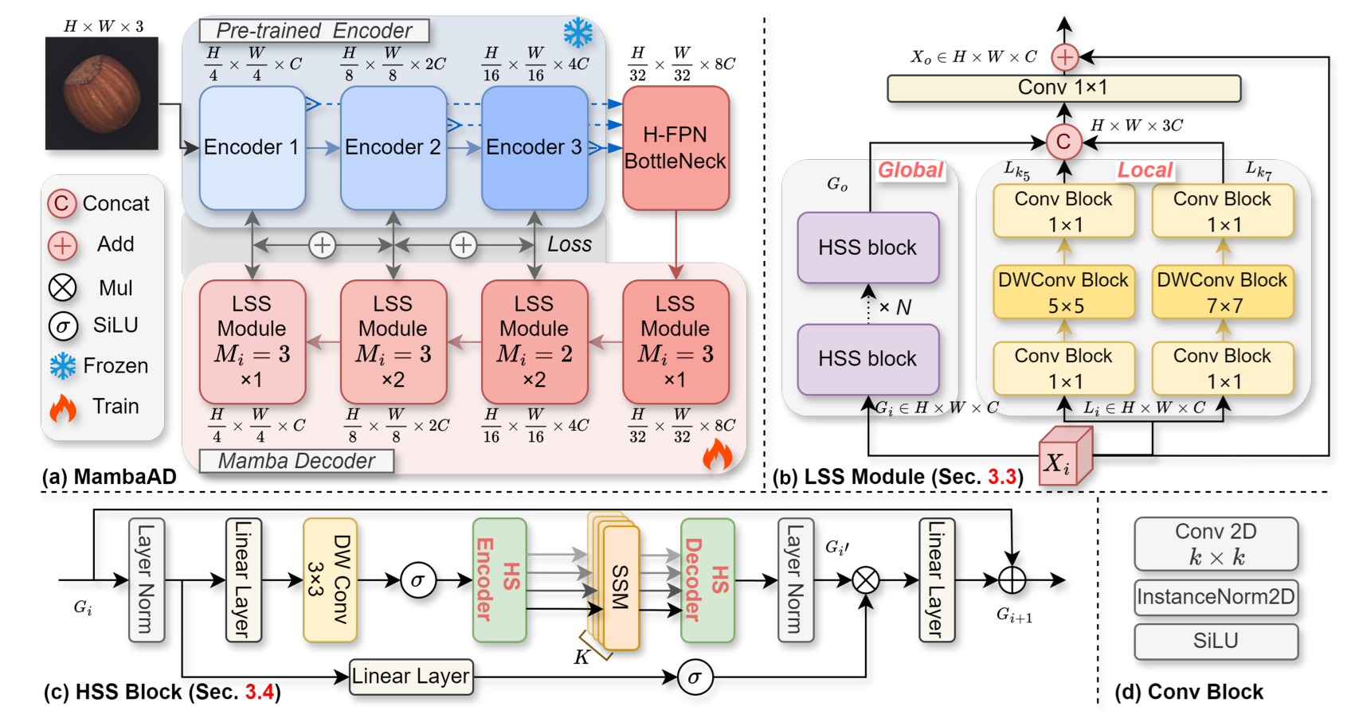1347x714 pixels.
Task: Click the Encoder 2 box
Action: [393, 148]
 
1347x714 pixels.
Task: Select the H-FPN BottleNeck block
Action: [675, 148]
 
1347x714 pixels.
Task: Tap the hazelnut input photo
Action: [101, 93]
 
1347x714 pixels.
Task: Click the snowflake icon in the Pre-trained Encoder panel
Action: [578, 33]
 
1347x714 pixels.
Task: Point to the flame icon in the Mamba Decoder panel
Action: [717, 455]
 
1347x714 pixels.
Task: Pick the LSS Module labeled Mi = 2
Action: [534, 341]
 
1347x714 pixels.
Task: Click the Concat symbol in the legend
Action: [62, 204]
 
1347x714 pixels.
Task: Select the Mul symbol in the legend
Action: [62, 287]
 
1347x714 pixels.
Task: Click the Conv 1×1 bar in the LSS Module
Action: [1063, 88]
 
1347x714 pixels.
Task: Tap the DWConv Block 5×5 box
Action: [1063, 292]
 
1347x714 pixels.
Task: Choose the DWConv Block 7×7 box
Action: [1222, 292]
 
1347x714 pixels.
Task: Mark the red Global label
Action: [910, 170]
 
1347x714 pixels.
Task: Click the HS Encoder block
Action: [499, 580]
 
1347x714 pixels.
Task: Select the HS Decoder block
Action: [707, 580]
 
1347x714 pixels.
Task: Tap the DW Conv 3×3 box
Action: [329, 580]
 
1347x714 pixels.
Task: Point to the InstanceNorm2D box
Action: [1216, 597]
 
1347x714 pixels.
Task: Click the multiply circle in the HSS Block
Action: [866, 580]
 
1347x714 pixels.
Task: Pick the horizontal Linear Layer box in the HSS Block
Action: [411, 677]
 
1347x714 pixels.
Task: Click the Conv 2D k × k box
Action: [1216, 544]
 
